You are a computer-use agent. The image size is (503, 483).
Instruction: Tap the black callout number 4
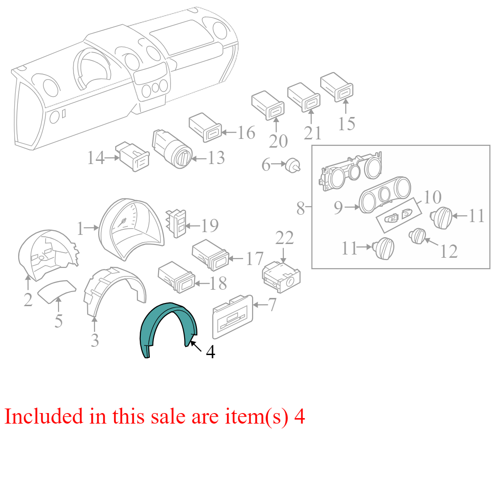click(x=211, y=352)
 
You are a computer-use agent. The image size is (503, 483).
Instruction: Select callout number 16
click(x=246, y=133)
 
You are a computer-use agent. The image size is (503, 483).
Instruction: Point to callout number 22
click(x=284, y=238)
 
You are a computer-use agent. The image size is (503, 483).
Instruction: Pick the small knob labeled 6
click(x=293, y=165)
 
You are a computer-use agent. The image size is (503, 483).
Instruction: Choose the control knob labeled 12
click(x=418, y=236)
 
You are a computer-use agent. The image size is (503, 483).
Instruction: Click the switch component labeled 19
click(x=176, y=223)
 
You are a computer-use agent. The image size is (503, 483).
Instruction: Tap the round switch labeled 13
click(x=172, y=149)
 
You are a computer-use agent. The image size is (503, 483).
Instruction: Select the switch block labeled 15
click(x=337, y=87)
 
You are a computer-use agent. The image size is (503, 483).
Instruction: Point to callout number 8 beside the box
click(x=301, y=209)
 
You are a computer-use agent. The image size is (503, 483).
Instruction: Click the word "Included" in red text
click(x=44, y=416)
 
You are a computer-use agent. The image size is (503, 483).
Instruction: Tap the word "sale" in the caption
click(x=168, y=417)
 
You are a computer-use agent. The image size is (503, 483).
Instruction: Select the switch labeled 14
click(x=133, y=156)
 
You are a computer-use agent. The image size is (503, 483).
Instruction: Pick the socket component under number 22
click(x=281, y=277)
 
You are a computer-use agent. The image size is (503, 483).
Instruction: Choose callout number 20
click(x=278, y=142)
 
